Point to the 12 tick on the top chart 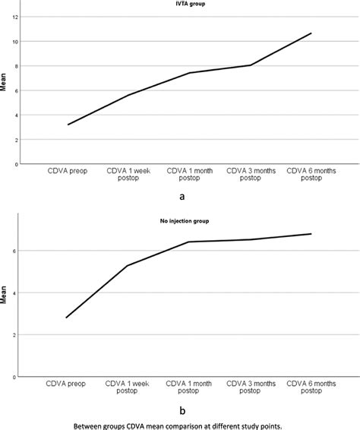(15, 17)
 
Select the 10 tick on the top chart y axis (15, 41)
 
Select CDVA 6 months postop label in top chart (311, 177)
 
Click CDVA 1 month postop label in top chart (189, 177)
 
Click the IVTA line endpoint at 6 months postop (311, 33)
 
